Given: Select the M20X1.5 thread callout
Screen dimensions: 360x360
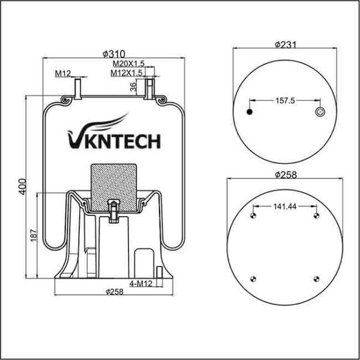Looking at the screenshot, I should (x=128, y=63).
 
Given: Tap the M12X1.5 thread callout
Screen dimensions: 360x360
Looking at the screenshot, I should (x=126, y=73).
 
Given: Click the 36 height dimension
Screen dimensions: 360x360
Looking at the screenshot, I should (x=133, y=87).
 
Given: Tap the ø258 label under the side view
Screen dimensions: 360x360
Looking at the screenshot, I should (x=114, y=292).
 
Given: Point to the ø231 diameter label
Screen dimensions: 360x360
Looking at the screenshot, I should (x=287, y=44).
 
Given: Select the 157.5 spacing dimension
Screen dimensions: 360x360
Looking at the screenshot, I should (x=285, y=101).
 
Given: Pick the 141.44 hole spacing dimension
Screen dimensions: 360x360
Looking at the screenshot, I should (x=286, y=206).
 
